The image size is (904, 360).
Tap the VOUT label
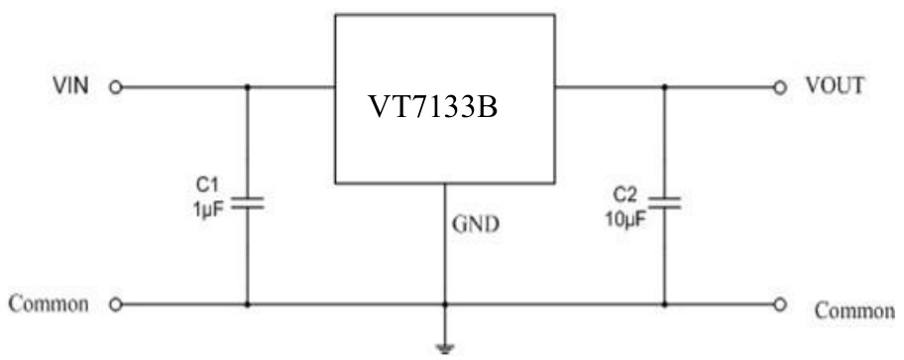tap(834, 86)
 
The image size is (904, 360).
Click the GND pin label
tap(476, 224)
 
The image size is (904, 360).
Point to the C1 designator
tap(206, 184)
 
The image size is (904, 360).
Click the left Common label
tap(50, 302)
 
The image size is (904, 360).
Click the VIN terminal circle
tap(115, 87)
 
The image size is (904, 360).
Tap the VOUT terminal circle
tap(780, 87)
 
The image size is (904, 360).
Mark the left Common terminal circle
tap(115, 303)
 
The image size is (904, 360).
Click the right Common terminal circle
tap(780, 303)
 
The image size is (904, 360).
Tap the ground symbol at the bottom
tap(444, 348)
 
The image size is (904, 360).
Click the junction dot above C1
tap(247, 87)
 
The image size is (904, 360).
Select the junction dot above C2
tap(665, 87)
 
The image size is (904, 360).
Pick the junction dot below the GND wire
tap(444, 303)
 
